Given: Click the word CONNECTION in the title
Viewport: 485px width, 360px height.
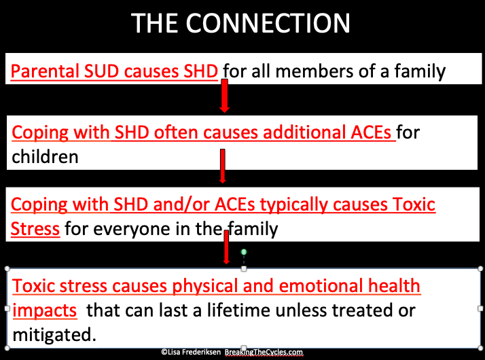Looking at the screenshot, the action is click(268, 23).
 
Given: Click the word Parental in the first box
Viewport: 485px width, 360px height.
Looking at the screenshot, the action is click(45, 71).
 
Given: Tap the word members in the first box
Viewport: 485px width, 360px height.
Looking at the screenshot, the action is click(314, 71).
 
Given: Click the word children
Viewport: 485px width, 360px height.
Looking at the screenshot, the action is click(45, 156).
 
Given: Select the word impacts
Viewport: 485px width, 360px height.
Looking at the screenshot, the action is click(45, 310).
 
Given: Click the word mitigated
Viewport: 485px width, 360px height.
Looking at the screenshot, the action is click(54, 335).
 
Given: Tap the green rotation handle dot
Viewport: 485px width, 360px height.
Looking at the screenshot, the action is click(244, 252).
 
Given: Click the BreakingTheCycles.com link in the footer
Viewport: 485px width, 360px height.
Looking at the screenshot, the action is click(264, 353).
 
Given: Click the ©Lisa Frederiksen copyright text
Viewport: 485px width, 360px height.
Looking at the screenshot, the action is click(191, 352).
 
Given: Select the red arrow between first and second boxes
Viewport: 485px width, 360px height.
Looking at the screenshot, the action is click(225, 96).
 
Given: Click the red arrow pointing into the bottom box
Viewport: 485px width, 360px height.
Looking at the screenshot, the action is click(226, 247).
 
